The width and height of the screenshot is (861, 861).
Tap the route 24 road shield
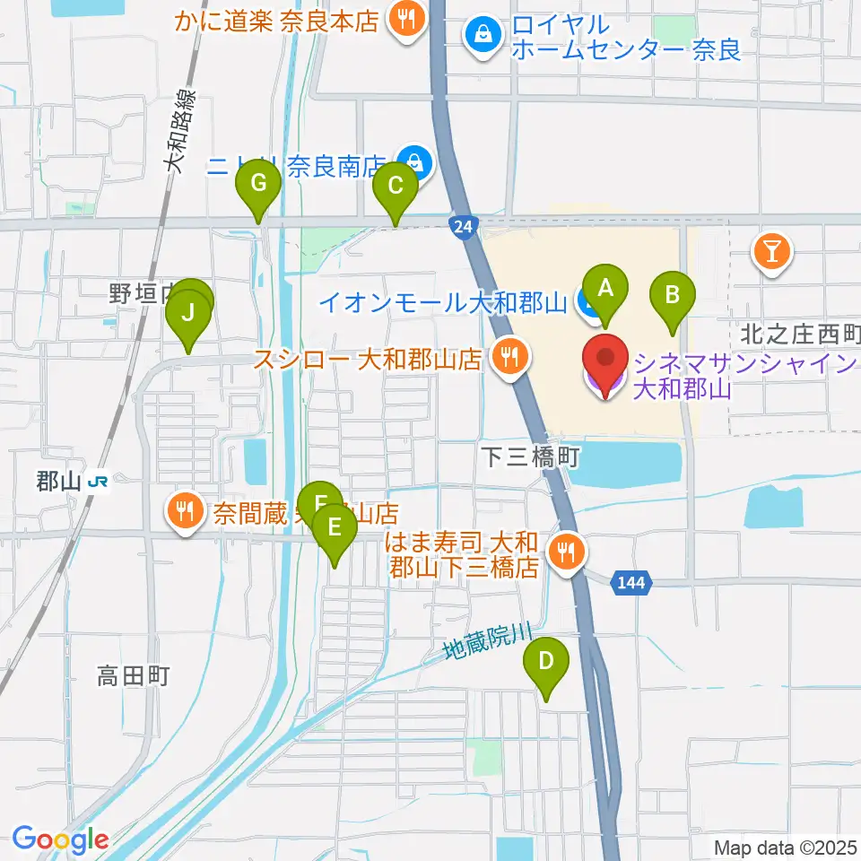(461, 228)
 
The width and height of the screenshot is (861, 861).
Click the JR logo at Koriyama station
(99, 482)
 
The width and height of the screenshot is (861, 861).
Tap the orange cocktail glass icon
(772, 250)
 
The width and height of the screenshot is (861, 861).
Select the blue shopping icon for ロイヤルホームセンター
(483, 36)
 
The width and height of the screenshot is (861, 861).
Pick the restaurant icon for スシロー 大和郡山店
(510, 359)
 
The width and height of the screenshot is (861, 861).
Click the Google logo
(61, 839)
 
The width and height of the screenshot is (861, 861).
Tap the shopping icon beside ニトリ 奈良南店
(414, 163)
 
